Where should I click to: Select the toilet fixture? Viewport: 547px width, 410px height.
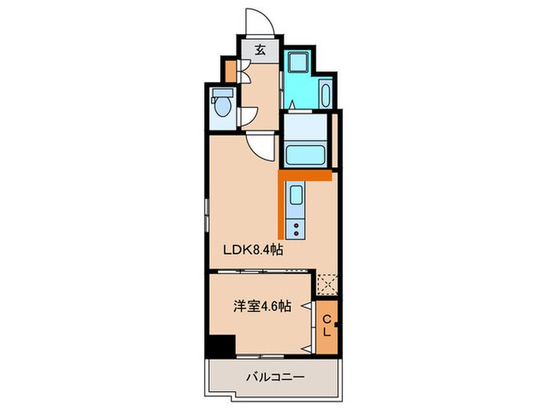[x=222, y=105]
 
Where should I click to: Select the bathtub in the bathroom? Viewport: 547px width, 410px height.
[x=309, y=152]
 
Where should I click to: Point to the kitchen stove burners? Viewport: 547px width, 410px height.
[x=297, y=228]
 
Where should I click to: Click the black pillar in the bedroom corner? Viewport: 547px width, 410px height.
[x=221, y=344]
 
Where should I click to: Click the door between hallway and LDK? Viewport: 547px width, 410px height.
[x=261, y=145]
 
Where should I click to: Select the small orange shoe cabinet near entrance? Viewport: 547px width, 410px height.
[x=230, y=70]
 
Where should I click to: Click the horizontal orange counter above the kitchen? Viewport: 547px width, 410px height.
[x=308, y=177]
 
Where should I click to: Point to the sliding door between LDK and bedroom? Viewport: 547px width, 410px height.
[x=262, y=269]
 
